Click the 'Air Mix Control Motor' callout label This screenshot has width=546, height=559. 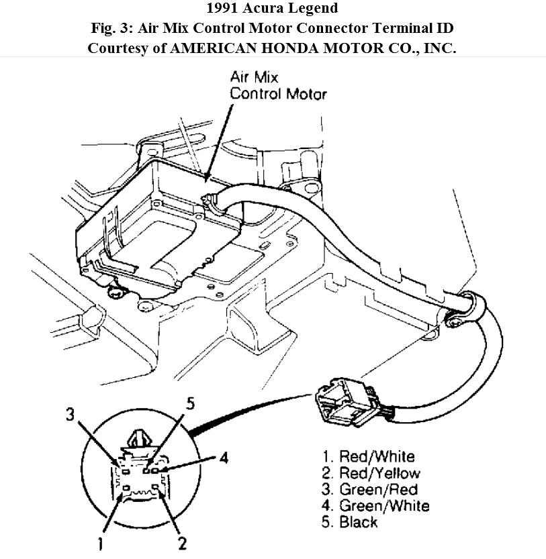(277, 85)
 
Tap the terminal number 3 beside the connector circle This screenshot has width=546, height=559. (69, 414)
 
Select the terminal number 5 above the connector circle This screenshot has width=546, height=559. (190, 404)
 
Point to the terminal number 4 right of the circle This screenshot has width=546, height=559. (224, 459)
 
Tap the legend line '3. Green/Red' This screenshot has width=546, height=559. (369, 489)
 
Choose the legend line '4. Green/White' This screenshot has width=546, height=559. (374, 505)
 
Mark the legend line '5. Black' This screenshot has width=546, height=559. (349, 521)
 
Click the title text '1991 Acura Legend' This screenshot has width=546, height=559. (273, 9)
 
